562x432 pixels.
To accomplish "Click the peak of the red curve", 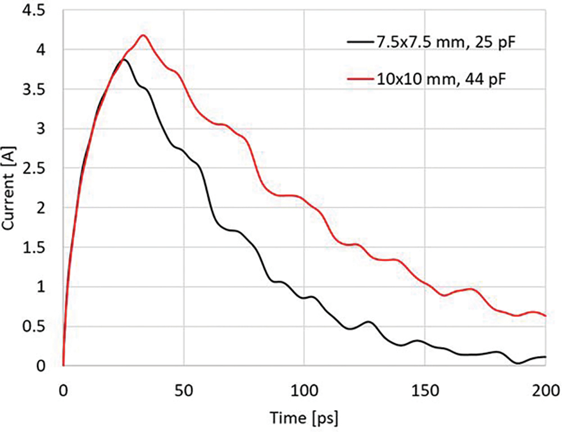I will point(143,35).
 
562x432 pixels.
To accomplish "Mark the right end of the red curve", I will point(546,316).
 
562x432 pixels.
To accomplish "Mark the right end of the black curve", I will point(546,357).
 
